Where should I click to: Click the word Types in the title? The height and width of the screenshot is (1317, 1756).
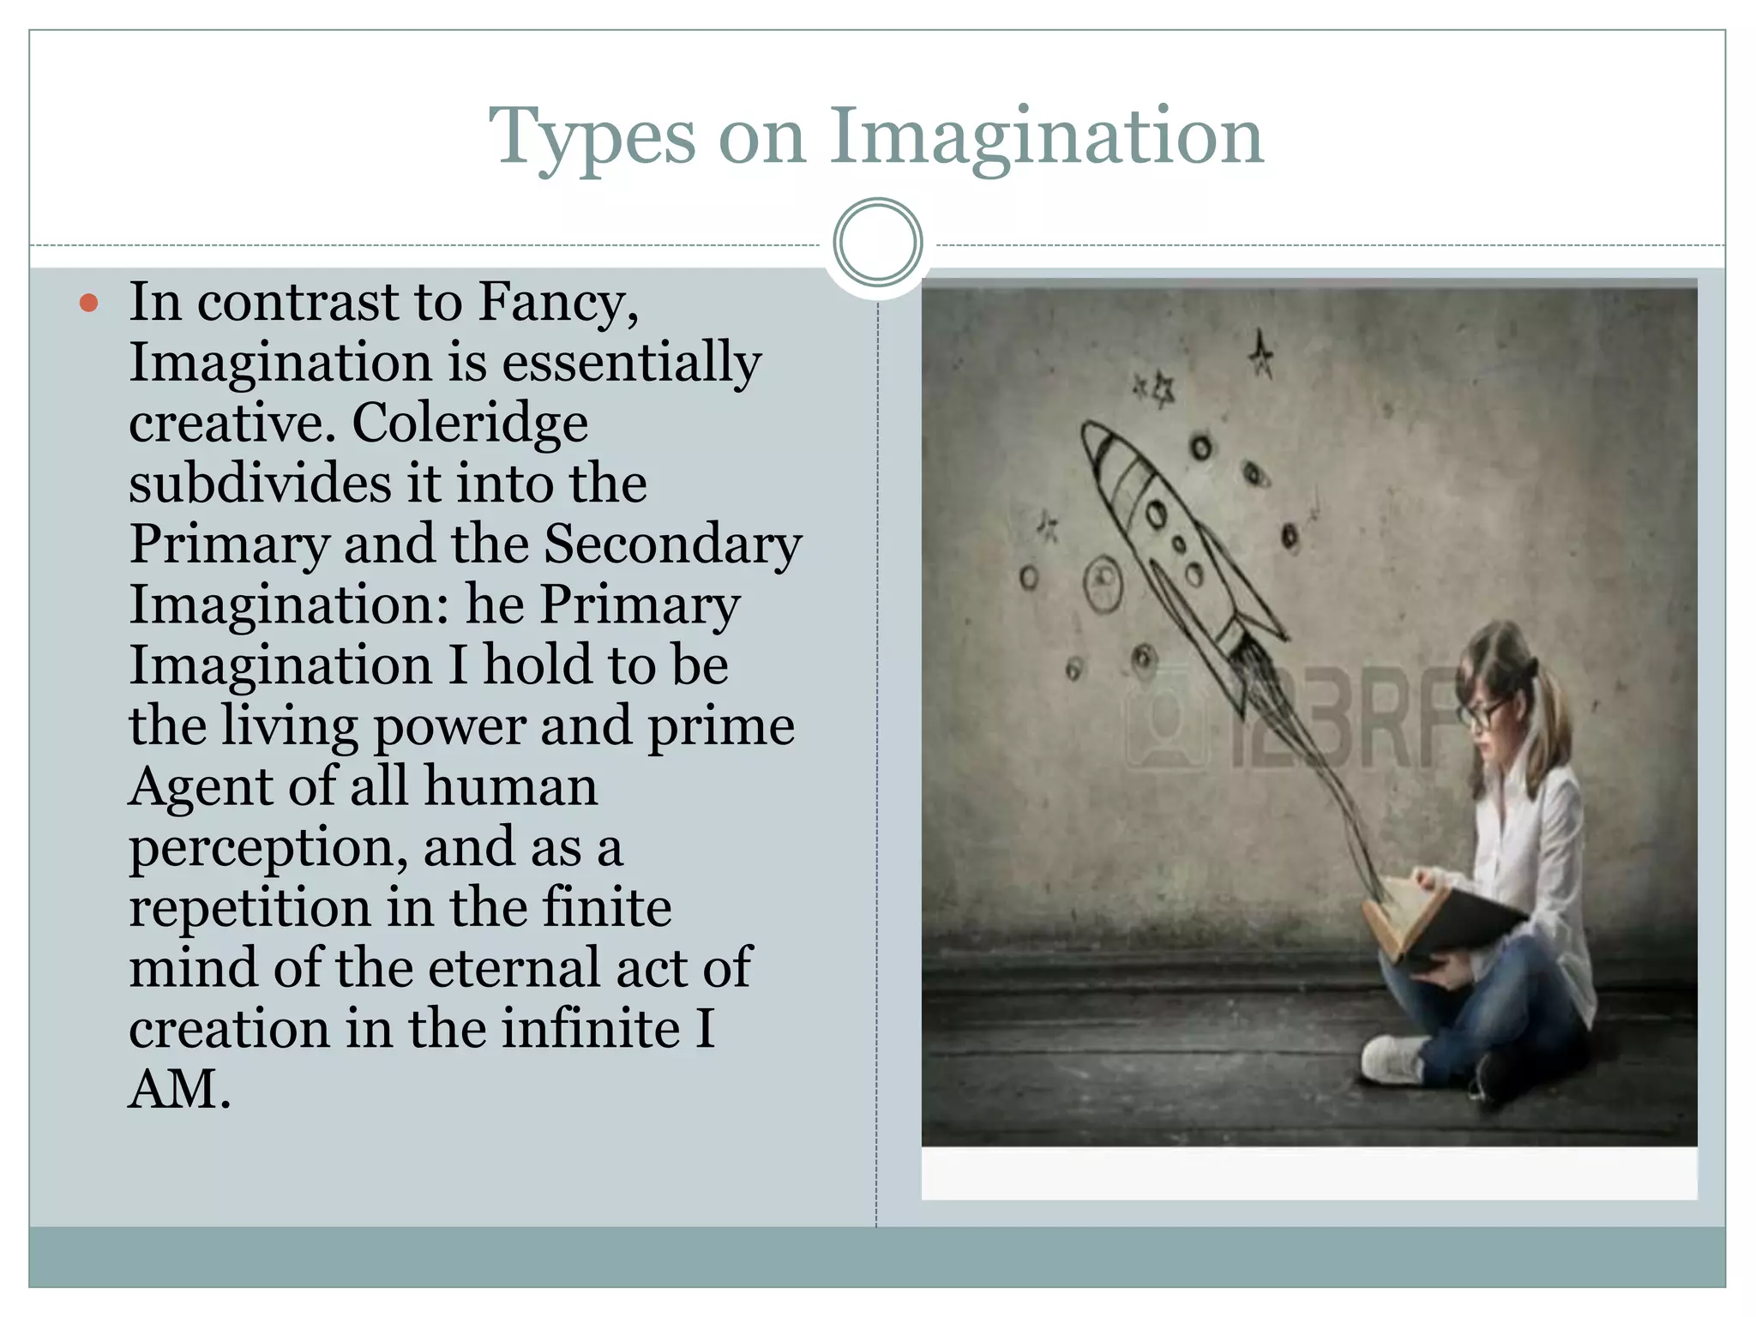592,137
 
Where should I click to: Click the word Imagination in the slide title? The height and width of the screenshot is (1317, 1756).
1046,137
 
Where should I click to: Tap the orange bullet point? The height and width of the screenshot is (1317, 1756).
88,303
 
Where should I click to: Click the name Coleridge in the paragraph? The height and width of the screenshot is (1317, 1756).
470,424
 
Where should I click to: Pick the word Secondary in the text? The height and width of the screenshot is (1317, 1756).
673,545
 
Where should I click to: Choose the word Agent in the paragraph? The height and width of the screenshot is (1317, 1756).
202,787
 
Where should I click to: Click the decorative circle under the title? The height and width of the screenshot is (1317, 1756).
877,243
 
